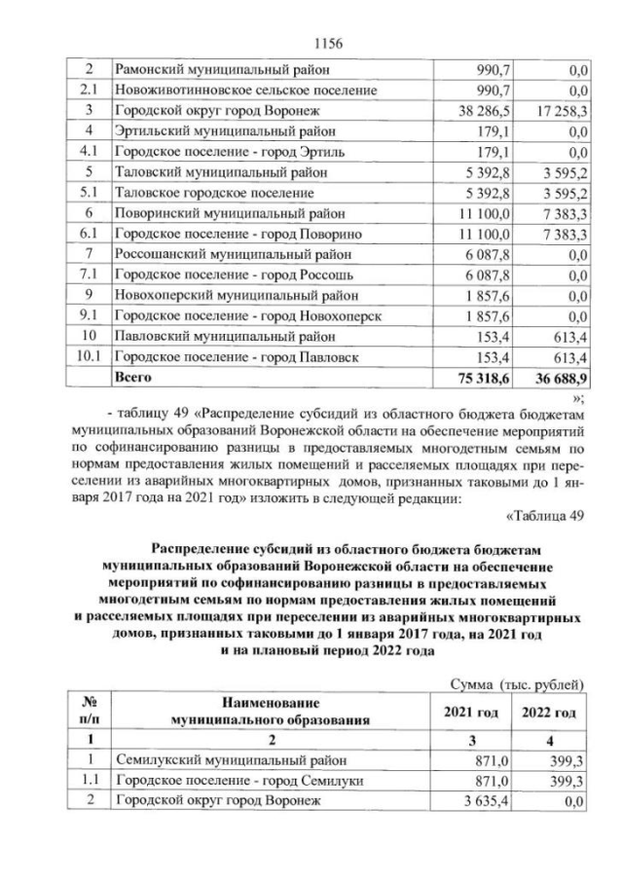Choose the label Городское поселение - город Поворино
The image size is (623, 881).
point(238,234)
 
